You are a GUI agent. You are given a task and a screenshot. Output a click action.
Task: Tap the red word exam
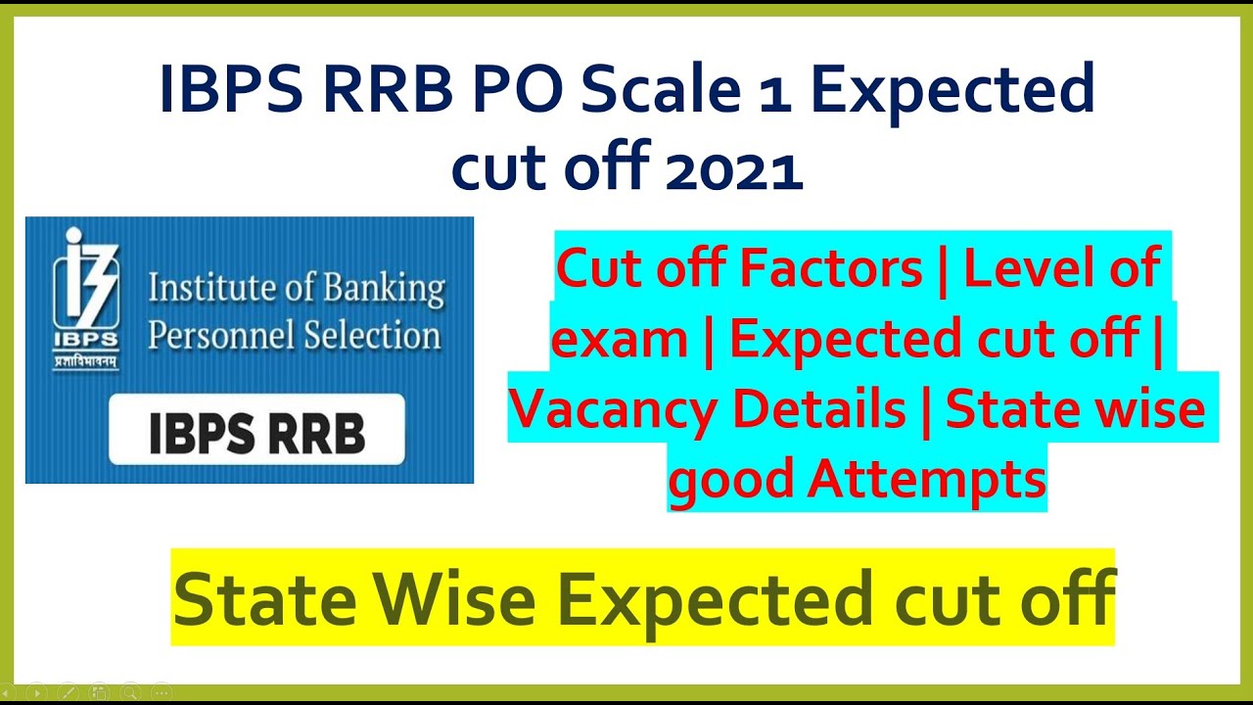coord(619,339)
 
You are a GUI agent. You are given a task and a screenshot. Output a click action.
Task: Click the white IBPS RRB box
coord(256,429)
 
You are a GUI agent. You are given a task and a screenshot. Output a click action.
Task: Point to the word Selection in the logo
coord(371,335)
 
